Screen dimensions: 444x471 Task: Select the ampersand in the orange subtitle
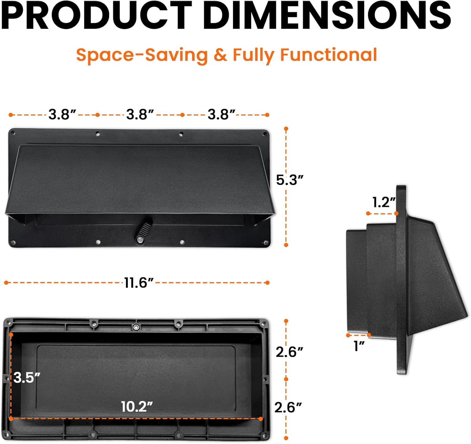220,55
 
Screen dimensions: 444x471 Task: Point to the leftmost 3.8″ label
62,115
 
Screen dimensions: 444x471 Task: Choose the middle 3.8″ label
140,115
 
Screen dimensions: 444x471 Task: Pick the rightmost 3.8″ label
221,115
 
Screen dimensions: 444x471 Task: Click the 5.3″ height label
290,180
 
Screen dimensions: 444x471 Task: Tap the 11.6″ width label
138,283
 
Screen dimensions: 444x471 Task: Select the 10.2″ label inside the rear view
137,407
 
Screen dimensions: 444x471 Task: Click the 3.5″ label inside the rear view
27,378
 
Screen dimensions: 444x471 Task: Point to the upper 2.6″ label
289,352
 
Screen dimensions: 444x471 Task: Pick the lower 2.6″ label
288,407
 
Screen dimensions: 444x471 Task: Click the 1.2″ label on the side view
384,202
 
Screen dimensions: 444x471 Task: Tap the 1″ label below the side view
359,346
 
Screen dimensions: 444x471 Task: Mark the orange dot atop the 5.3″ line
286,129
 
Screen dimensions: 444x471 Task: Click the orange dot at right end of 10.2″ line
261,419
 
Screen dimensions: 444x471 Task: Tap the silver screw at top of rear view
136,327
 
